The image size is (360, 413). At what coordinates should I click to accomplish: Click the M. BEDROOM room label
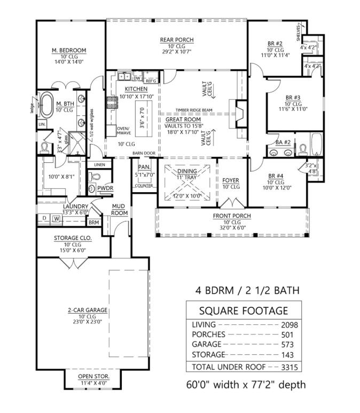pyautogui.click(x=69, y=51)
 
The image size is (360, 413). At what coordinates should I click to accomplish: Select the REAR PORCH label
pyautogui.click(x=177, y=40)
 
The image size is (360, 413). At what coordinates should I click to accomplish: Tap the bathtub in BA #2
pyautogui.click(x=316, y=144)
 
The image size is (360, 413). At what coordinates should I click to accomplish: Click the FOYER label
pyautogui.click(x=231, y=180)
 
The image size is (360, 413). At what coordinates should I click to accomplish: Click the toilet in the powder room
pyautogui.click(x=92, y=189)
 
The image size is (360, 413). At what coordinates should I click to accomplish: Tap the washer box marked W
pyautogui.click(x=56, y=218)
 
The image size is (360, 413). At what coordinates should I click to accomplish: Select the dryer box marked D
pyautogui.click(x=44, y=218)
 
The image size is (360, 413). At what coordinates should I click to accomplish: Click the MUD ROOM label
pyautogui.click(x=119, y=209)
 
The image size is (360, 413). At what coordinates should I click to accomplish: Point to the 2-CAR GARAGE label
pyautogui.click(x=88, y=309)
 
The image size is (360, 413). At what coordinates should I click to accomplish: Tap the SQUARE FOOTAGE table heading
pyautogui.click(x=243, y=311)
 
